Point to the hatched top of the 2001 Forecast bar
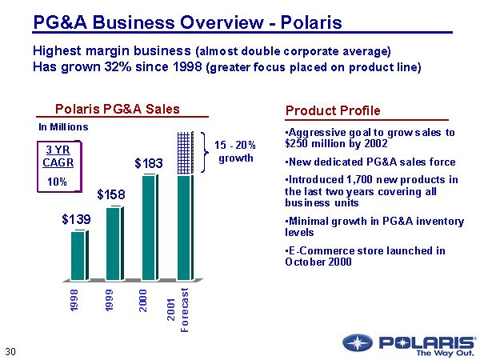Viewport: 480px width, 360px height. pyautogui.click(x=184, y=153)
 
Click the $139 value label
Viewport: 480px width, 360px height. pyautogui.click(x=77, y=218)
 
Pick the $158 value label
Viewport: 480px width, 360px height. pyautogui.click(x=112, y=194)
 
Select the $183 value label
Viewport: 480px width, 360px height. pyautogui.click(x=148, y=163)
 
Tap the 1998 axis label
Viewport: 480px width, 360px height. pyautogui.click(x=74, y=301)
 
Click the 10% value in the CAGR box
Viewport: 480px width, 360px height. pyautogui.click(x=56, y=182)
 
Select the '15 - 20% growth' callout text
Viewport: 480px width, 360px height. pyautogui.click(x=235, y=150)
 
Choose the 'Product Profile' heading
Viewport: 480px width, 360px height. pyautogui.click(x=333, y=110)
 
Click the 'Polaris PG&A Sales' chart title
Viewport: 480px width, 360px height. pyautogui.click(x=117, y=109)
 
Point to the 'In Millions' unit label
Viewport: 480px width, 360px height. pyautogui.click(x=63, y=126)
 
